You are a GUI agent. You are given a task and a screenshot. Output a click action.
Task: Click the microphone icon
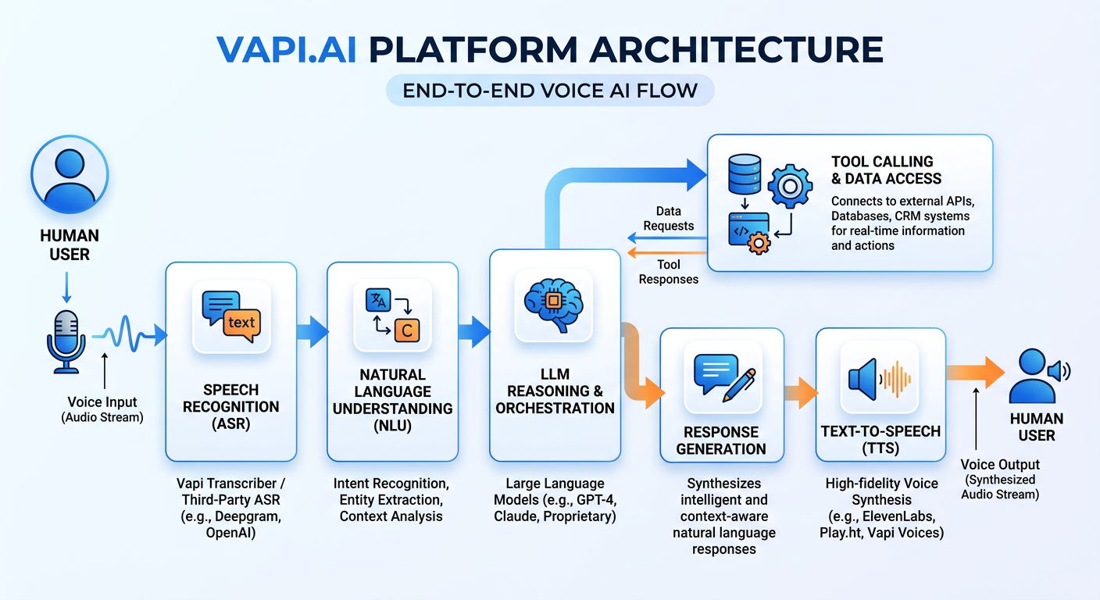pos(66,341)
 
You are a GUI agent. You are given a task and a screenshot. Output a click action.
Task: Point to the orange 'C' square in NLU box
pos(406,330)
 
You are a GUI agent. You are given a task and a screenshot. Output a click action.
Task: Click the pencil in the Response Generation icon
pos(738,384)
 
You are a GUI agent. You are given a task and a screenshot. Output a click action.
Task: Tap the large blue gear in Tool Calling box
pos(791,185)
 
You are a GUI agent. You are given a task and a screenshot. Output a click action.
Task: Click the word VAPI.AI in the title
pos(286,50)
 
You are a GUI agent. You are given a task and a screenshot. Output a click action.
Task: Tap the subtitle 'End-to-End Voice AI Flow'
pos(550,90)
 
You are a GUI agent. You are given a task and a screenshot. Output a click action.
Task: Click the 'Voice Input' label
pos(102,402)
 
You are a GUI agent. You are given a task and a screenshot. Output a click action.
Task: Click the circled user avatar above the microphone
pos(70,174)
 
